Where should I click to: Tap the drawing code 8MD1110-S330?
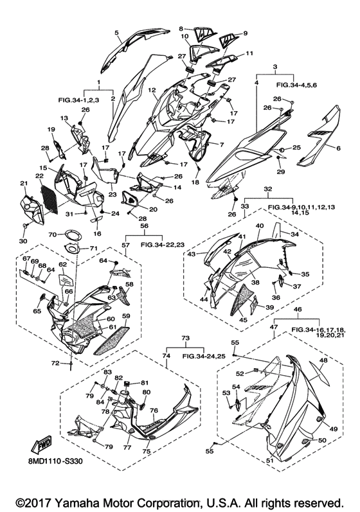[55, 461]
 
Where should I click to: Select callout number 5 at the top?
[116, 32]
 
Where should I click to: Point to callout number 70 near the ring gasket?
[53, 234]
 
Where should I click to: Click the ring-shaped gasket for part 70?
[72, 234]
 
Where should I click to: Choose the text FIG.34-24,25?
[204, 357]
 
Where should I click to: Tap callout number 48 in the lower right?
[323, 360]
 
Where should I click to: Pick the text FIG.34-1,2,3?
[78, 100]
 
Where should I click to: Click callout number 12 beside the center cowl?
[151, 90]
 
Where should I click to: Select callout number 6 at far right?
[338, 148]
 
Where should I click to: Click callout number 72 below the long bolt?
[55, 363]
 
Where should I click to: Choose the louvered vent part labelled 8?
[205, 33]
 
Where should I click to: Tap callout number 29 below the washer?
[281, 172]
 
